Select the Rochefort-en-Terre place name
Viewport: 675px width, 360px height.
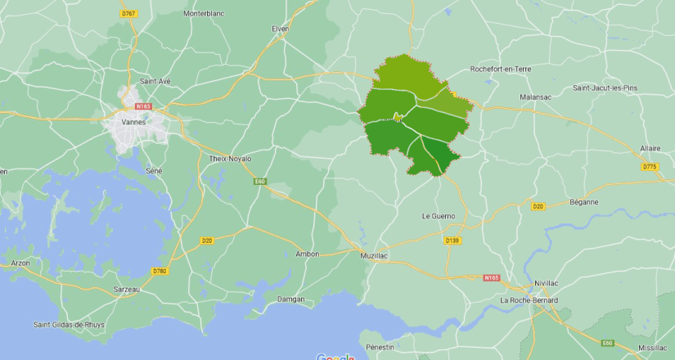pos(500,69)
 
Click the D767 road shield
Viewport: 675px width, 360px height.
pos(129,14)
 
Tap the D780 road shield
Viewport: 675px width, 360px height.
pos(160,271)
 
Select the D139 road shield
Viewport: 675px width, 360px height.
pos(452,240)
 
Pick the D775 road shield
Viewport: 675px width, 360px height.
pos(650,167)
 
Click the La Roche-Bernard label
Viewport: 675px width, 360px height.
pos(529,300)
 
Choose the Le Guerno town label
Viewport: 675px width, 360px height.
pos(437,216)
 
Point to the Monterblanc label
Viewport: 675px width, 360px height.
pos(204,14)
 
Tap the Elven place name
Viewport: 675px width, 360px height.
pos(281,29)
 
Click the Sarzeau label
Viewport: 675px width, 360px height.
pos(126,289)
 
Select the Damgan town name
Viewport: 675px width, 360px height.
pos(291,299)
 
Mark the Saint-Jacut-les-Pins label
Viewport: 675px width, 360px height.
pos(605,88)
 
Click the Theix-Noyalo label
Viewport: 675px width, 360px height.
pos(231,159)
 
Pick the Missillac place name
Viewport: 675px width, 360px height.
pos(653,348)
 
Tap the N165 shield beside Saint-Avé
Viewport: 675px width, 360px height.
pos(144,106)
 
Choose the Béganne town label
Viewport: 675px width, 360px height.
pos(583,201)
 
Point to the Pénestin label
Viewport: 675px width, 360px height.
pos(380,347)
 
